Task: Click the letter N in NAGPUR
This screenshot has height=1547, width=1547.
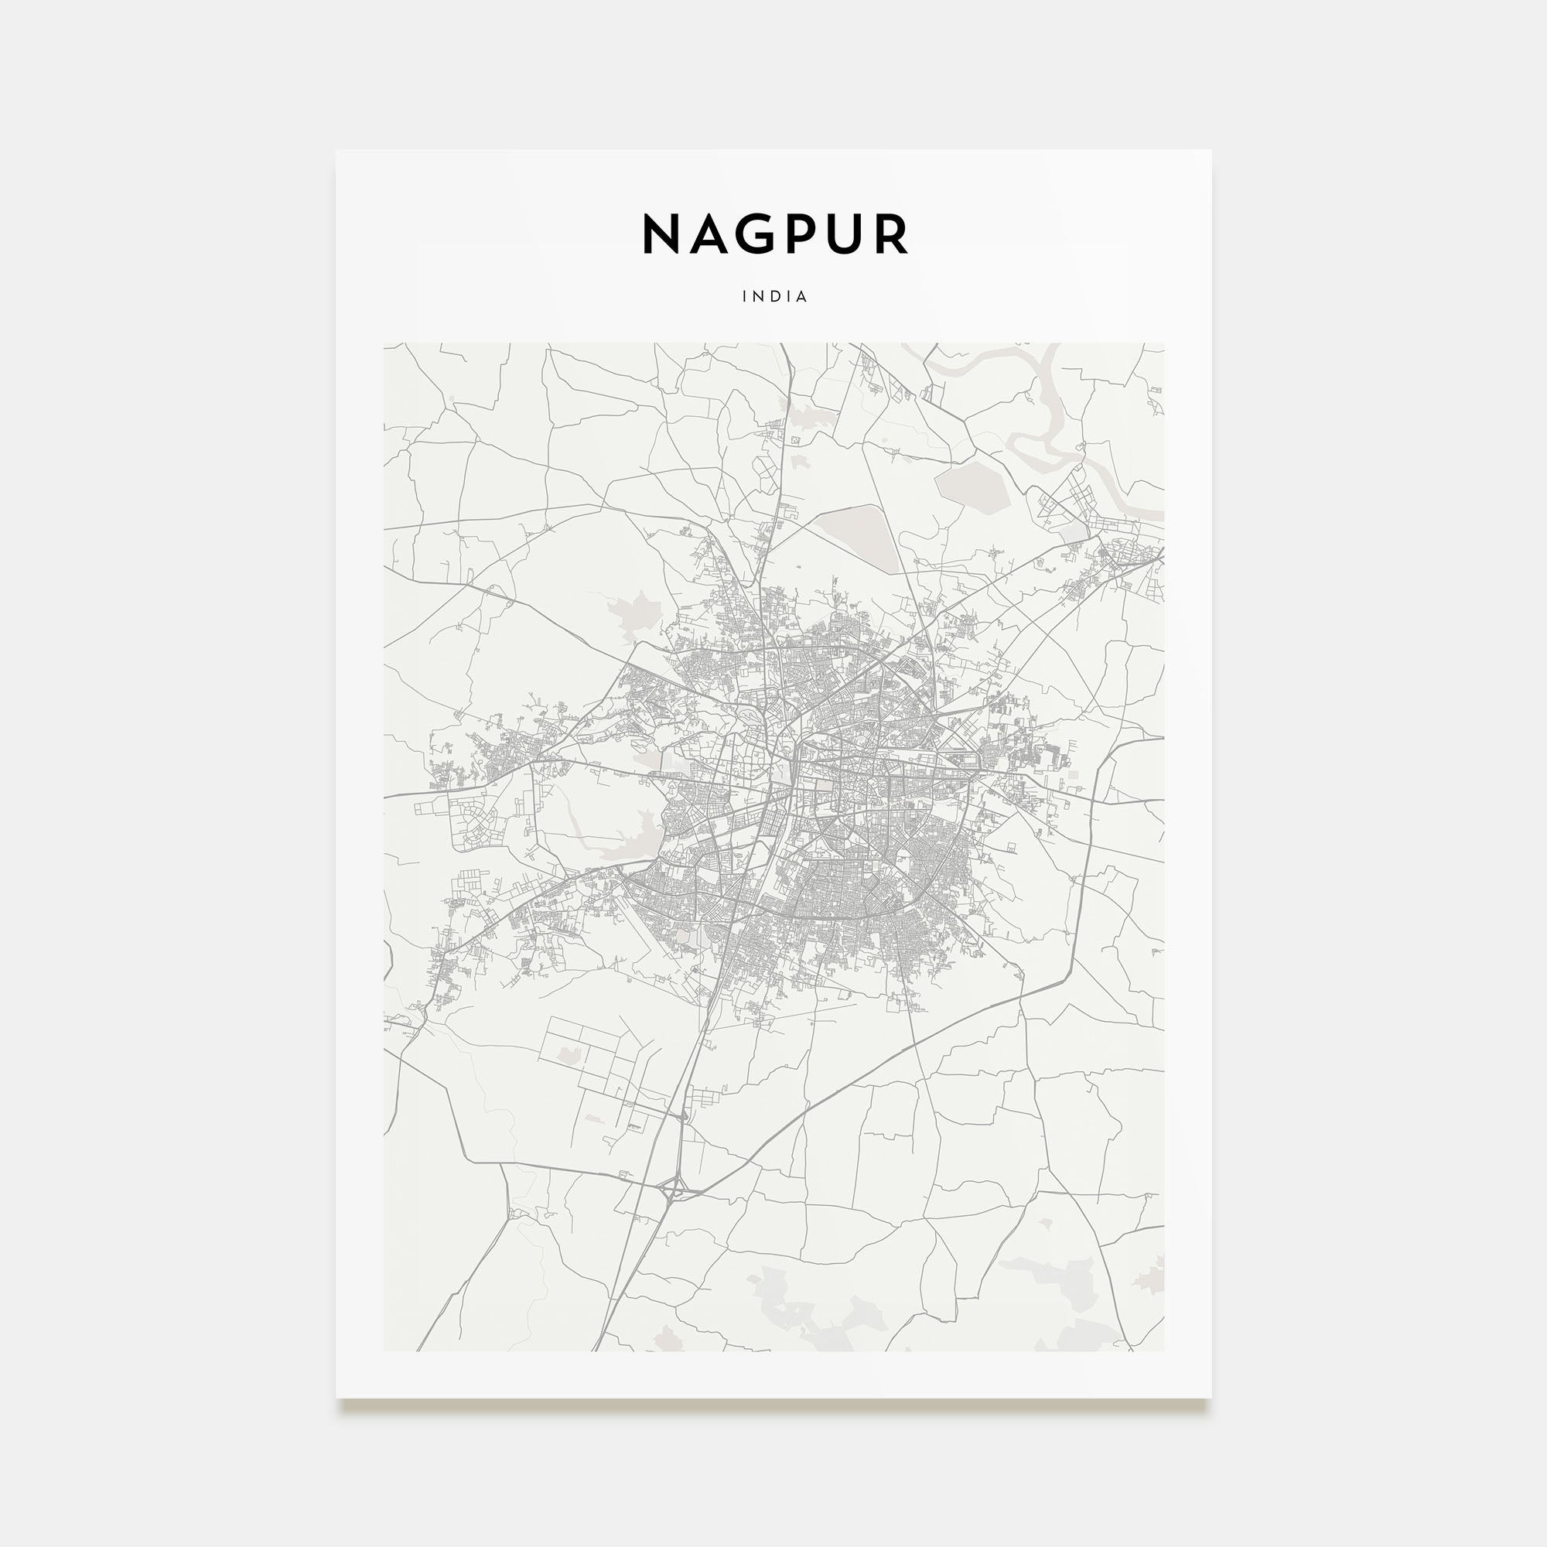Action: tap(661, 234)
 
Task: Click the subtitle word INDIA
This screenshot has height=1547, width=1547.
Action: tap(774, 296)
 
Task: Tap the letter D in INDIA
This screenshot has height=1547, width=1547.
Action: tap(775, 296)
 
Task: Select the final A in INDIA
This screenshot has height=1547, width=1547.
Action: tap(802, 296)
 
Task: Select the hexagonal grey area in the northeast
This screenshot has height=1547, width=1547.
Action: tap(972, 486)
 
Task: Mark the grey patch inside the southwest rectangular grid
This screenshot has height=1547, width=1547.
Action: tap(568, 1056)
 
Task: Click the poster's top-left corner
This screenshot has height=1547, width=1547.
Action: tap(336, 151)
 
